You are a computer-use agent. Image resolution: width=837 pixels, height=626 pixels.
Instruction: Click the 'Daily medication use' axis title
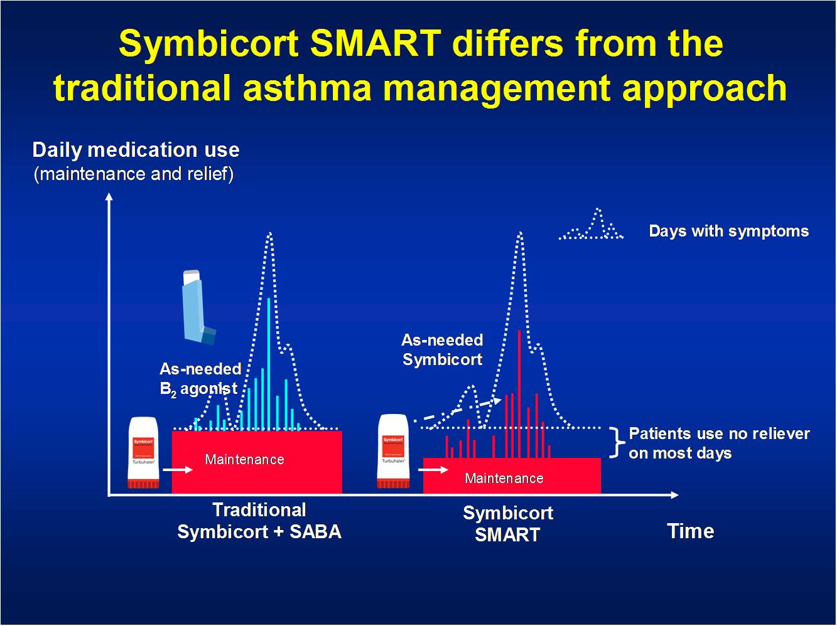pyautogui.click(x=136, y=150)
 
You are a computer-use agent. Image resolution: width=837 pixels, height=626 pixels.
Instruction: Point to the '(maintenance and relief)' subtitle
pyautogui.click(x=133, y=174)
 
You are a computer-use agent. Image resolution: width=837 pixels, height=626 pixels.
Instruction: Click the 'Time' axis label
pyautogui.click(x=690, y=531)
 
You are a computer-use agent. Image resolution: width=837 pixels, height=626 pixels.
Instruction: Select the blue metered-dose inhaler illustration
pyautogui.click(x=197, y=307)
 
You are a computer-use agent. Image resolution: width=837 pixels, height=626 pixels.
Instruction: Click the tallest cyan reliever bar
pyautogui.click(x=269, y=364)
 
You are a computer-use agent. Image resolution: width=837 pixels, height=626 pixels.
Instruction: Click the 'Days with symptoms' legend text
pyautogui.click(x=728, y=231)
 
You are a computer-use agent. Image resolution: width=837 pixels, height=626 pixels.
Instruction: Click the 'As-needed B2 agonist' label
pyautogui.click(x=200, y=379)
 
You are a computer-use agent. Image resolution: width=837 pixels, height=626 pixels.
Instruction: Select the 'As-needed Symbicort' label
pyautogui.click(x=442, y=350)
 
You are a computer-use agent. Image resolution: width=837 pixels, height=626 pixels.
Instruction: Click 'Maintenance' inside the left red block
pyautogui.click(x=244, y=460)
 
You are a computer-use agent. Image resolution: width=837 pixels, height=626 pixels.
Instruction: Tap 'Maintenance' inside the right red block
pyautogui.click(x=504, y=479)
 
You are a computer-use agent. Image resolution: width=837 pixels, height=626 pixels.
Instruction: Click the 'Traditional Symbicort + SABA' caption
pyautogui.click(x=259, y=521)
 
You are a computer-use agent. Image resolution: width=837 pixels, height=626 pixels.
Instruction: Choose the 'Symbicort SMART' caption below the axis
pyautogui.click(x=507, y=523)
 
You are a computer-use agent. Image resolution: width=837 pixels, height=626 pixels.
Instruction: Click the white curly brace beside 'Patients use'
pyautogui.click(x=618, y=443)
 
